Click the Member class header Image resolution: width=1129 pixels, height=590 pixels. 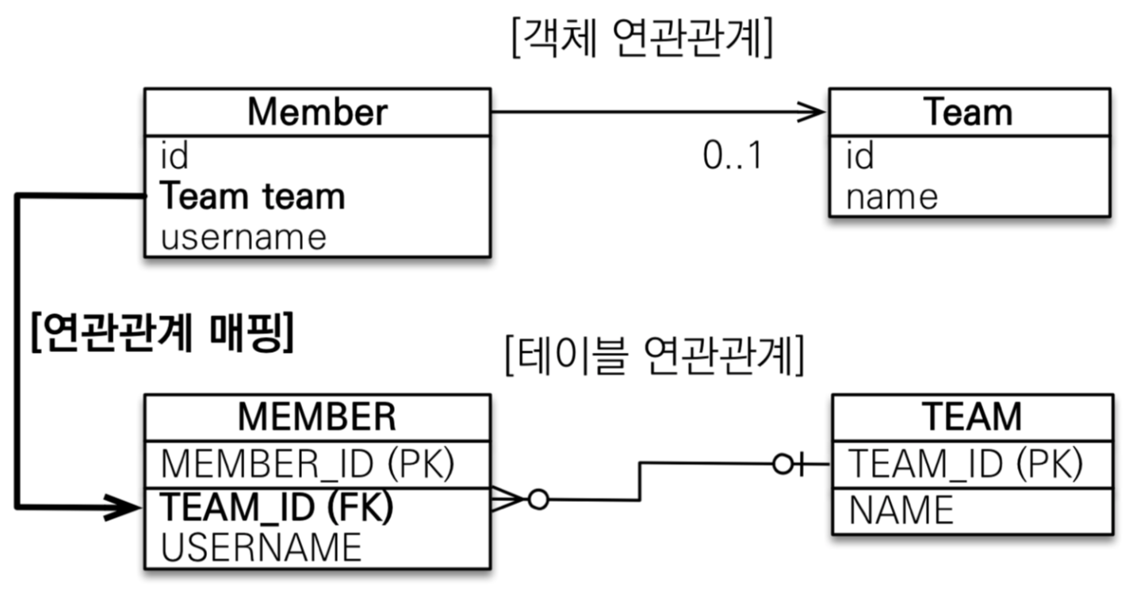pyautogui.click(x=317, y=113)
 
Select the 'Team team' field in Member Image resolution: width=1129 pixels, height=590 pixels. pyautogui.click(x=253, y=197)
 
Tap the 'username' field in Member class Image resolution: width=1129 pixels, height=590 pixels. pyautogui.click(x=243, y=237)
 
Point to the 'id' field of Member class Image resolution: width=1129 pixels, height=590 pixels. pyautogui.click(x=174, y=156)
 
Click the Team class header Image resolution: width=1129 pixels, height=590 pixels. pyautogui.click(x=968, y=113)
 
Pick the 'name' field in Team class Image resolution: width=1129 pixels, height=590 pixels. pyautogui.click(x=891, y=197)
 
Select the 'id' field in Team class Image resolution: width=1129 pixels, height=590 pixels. pyautogui.click(x=859, y=156)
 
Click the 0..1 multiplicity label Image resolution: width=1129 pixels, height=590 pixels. pyautogui.click(x=732, y=157)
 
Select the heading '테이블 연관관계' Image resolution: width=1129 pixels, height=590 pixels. pyautogui.click(x=655, y=358)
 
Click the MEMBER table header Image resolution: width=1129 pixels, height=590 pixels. pyautogui.click(x=317, y=416)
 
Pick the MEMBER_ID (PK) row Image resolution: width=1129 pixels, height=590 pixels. pyautogui.click(x=308, y=465)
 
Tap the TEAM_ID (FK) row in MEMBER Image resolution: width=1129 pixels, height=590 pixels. pyautogui.click(x=277, y=508)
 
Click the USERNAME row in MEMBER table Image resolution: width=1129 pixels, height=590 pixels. pyautogui.click(x=261, y=547)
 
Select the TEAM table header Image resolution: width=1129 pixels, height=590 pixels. pyautogui.click(x=972, y=416)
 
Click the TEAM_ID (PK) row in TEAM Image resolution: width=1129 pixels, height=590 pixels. pyautogui.click(x=965, y=465)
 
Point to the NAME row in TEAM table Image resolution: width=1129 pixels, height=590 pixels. pyautogui.click(x=901, y=510)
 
